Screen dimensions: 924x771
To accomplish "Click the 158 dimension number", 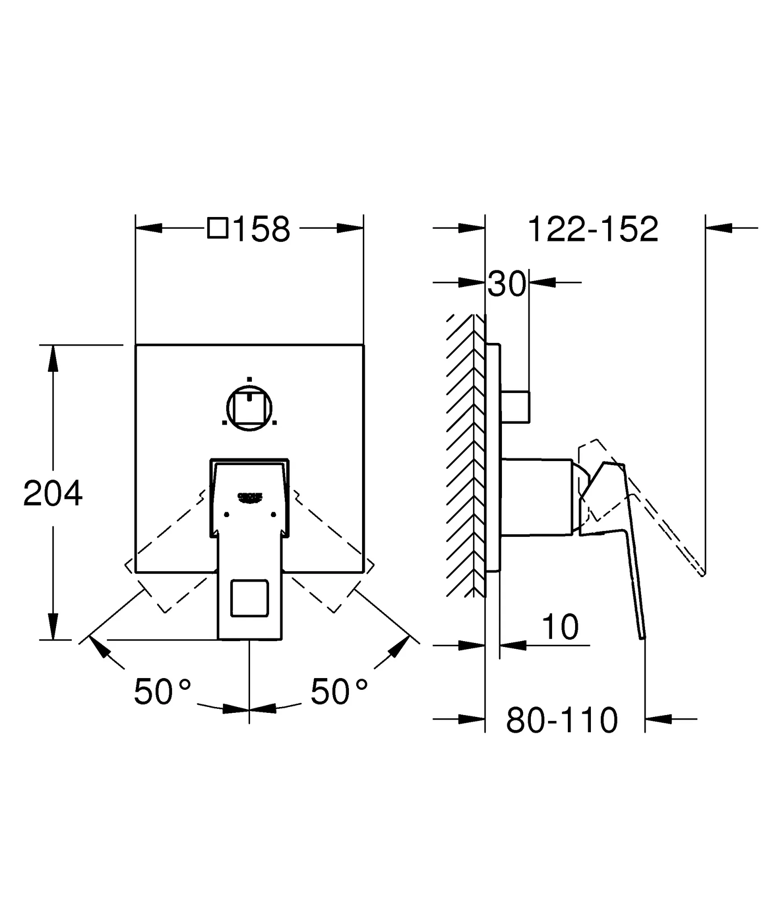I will click(x=262, y=229).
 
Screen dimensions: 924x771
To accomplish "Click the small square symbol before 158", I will click(x=218, y=228).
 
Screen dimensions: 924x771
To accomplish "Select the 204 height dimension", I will click(x=53, y=494).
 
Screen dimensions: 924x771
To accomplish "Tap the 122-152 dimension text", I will click(x=593, y=229).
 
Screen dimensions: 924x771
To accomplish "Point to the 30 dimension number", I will click(x=507, y=284).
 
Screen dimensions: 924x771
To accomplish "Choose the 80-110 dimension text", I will click(x=562, y=721).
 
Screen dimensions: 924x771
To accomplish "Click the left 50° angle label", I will click(x=162, y=692).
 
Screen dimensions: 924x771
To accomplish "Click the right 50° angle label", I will click(x=339, y=692).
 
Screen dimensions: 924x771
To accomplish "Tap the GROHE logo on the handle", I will click(x=250, y=497).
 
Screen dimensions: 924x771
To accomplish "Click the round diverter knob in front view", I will click(x=250, y=408).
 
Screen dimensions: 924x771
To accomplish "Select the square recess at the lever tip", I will click(x=250, y=598).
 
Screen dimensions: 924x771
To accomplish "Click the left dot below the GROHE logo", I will click(x=227, y=514).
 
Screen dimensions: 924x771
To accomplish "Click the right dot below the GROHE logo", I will click(x=273, y=514).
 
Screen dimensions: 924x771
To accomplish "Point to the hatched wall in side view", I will click(x=465, y=456).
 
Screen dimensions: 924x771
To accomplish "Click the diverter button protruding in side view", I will click(x=515, y=407).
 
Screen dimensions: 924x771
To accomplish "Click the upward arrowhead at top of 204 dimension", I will click(x=53, y=359).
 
